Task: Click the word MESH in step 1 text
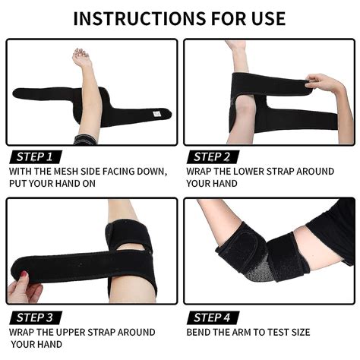pos(75,171)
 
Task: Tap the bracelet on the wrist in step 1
pos(85,140)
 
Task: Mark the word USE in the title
pos(265,17)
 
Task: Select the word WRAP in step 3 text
pos(24,332)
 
